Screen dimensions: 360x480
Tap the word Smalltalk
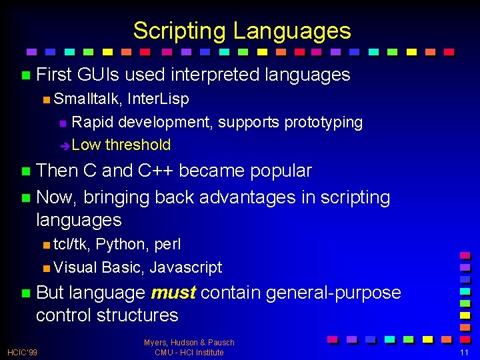click(87, 99)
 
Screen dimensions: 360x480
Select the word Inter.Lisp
click(158, 99)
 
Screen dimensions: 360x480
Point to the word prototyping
click(323, 122)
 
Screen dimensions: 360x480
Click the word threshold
click(138, 145)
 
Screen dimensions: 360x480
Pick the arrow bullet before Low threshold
click(64, 145)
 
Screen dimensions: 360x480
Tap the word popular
click(281, 171)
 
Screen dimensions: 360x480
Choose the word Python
click(122, 245)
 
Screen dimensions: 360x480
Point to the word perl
click(167, 245)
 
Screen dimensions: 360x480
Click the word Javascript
click(186, 267)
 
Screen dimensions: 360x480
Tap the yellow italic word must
click(173, 293)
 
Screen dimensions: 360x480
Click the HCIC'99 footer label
click(23, 352)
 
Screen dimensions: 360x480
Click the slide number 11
click(465, 352)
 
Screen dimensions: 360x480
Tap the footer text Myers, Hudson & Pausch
click(189, 343)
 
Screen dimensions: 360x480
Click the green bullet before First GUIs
click(25, 75)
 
